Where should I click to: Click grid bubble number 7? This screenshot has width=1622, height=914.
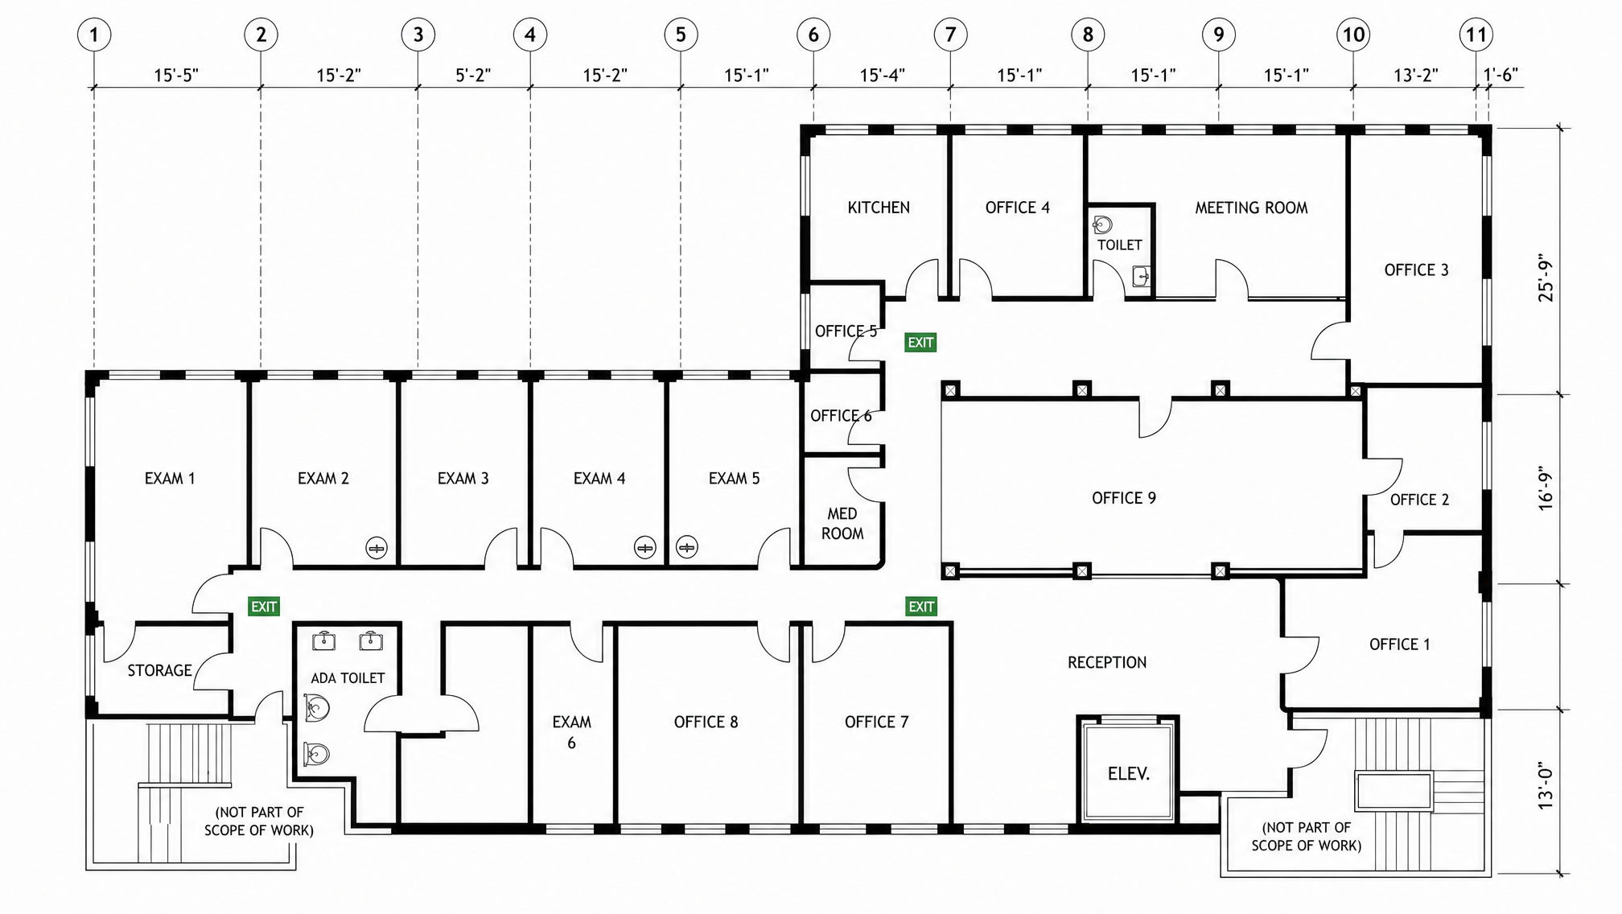click(x=950, y=35)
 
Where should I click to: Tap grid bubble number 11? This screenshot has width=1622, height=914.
click(x=1476, y=35)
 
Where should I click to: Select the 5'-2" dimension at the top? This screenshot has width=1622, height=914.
click(x=473, y=75)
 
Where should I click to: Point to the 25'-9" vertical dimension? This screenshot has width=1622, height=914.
click(x=1546, y=279)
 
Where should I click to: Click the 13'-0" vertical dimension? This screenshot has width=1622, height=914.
click(x=1546, y=786)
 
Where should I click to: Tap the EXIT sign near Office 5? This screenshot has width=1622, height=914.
click(x=920, y=343)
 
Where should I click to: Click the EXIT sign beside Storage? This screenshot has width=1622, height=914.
click(x=264, y=607)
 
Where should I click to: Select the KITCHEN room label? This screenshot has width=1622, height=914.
click(x=879, y=208)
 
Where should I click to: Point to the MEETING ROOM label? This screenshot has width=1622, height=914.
click(x=1251, y=208)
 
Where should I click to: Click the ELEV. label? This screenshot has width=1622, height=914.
click(x=1129, y=774)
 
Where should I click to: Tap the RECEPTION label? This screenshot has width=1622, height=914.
click(x=1107, y=662)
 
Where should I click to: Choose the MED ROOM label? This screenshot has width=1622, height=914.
click(x=842, y=523)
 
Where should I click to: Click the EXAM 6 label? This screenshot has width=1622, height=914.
click(x=571, y=732)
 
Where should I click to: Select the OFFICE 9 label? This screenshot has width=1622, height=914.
click(x=1124, y=498)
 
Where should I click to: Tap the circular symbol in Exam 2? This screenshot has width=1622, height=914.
click(x=377, y=548)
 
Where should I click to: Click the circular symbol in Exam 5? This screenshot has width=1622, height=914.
click(x=686, y=547)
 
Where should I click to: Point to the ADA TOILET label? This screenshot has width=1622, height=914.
click(x=348, y=678)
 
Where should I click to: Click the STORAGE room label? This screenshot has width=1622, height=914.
click(x=159, y=670)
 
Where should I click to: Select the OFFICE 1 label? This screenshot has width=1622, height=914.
click(x=1400, y=644)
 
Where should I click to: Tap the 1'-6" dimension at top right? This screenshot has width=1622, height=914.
click(x=1501, y=75)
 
